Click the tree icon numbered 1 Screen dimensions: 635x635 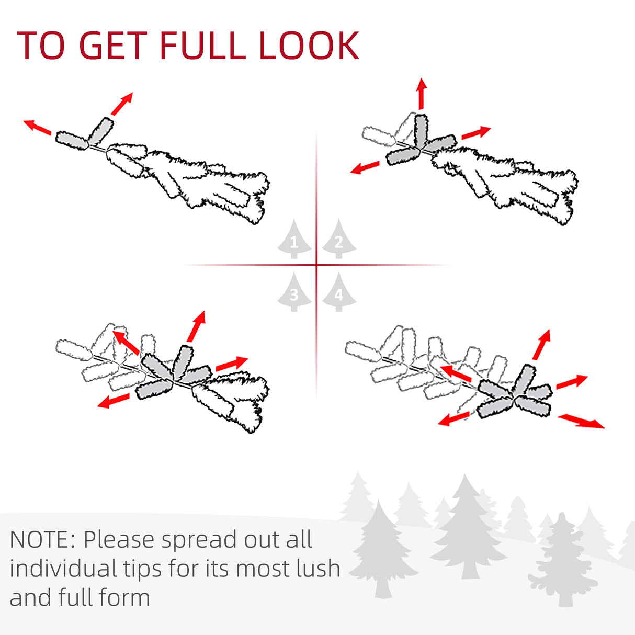[x=294, y=239]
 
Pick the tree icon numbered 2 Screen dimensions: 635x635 [x=339, y=239]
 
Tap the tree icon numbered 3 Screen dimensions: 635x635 [x=294, y=292]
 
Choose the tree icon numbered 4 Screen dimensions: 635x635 [x=339, y=292]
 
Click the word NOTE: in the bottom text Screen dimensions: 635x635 [x=43, y=539]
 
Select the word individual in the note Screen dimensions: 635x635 [x=63, y=569]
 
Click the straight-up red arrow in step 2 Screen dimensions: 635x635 [x=421, y=94]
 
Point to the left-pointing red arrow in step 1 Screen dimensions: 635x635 [x=37, y=128]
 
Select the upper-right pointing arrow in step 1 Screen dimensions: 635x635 [x=122, y=104]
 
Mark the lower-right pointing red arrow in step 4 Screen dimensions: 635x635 [x=581, y=422]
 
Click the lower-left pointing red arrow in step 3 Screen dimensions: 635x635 [x=114, y=401]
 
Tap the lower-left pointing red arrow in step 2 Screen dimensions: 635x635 [x=365, y=167]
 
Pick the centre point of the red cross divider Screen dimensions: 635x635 [x=316, y=265]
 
